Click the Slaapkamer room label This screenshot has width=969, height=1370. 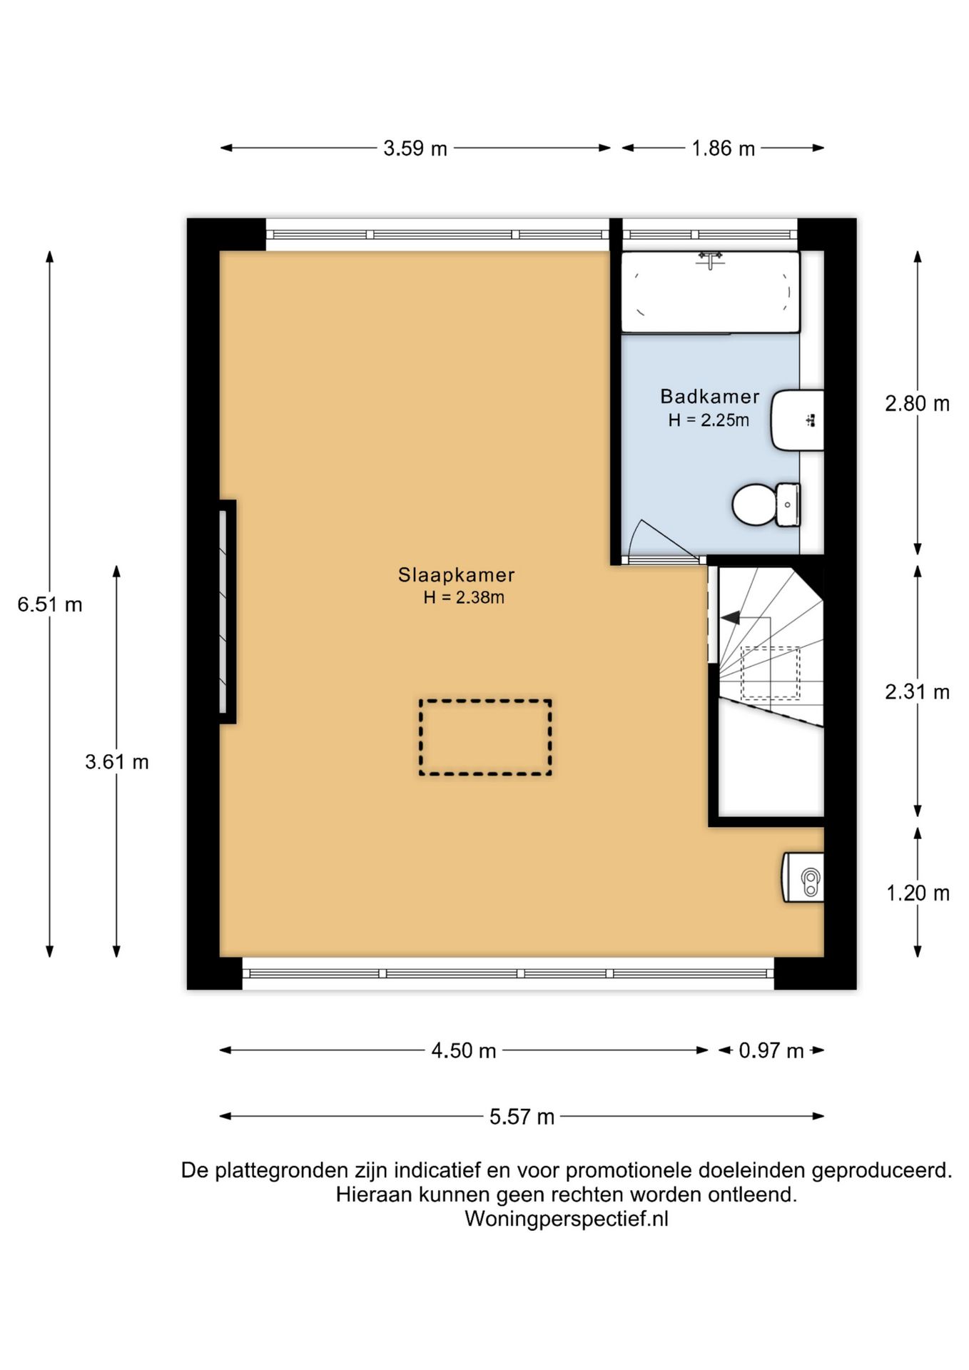(456, 574)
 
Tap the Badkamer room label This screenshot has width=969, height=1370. (709, 396)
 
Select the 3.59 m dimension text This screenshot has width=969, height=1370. (415, 148)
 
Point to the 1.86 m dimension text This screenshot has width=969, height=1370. (723, 148)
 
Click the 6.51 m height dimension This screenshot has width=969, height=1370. (50, 604)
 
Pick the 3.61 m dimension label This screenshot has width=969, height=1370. (117, 762)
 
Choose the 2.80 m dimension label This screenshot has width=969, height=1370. (918, 404)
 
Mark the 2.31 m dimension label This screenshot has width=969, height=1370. (918, 691)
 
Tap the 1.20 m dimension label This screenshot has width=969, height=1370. (918, 893)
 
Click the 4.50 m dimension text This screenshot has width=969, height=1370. (464, 1050)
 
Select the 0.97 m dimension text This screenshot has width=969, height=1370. (771, 1050)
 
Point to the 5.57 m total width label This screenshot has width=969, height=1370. (522, 1117)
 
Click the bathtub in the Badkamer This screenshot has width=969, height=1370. (710, 292)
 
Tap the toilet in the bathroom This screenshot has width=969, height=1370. (766, 504)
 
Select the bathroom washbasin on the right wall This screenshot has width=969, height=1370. (797, 420)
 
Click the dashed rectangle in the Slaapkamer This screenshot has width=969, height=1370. (485, 701)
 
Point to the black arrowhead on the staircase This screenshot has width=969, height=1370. (730, 619)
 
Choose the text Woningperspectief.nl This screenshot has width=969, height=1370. (567, 1219)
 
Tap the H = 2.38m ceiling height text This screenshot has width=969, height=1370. (464, 597)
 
